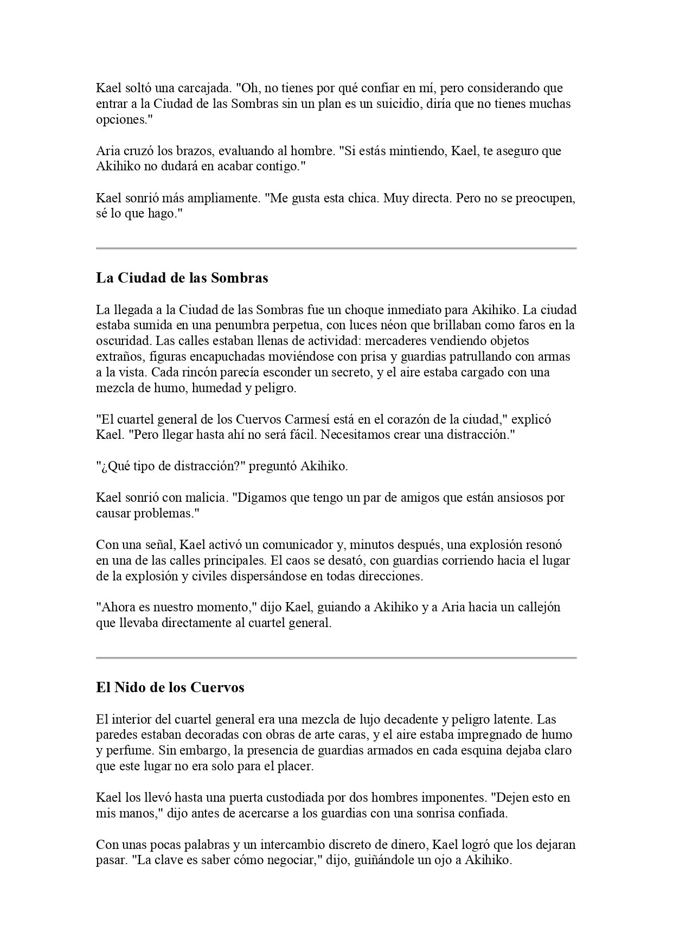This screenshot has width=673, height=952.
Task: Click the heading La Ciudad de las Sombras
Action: tap(182, 278)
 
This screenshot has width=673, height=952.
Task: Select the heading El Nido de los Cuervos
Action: tap(170, 688)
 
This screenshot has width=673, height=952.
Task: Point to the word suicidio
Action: tap(394, 104)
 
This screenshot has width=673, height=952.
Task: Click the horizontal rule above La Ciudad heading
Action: tap(336, 248)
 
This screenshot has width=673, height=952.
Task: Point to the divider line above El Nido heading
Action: tap(336, 658)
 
